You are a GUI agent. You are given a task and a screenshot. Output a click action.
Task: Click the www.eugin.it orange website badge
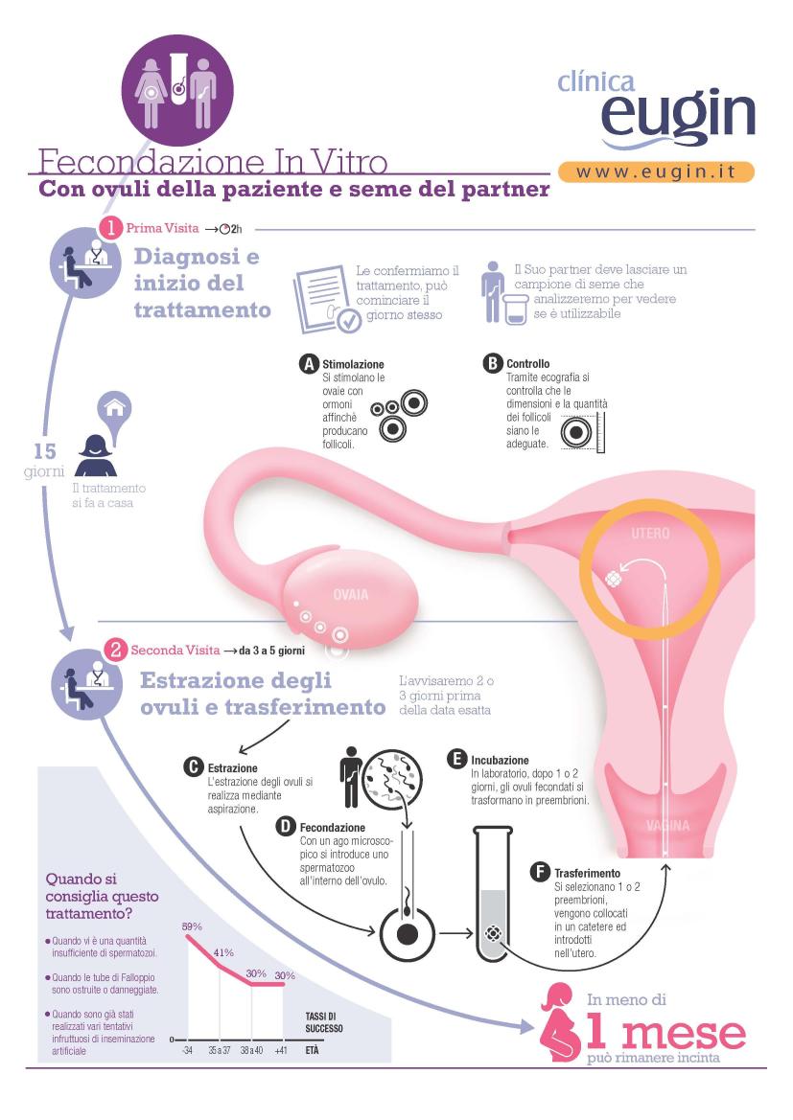click(656, 172)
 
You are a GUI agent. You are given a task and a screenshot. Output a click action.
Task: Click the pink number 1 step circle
click(111, 228)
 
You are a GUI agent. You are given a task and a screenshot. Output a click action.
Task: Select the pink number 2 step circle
click(115, 650)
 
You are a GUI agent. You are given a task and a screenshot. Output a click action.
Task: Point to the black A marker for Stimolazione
click(309, 363)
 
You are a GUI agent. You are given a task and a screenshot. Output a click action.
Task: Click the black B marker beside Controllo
click(492, 363)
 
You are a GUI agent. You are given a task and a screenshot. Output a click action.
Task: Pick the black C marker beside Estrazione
click(194, 767)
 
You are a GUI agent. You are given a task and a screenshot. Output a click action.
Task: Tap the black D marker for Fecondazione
click(286, 827)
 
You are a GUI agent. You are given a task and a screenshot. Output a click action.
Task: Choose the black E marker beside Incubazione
click(457, 760)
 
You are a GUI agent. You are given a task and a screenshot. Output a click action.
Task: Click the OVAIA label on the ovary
click(350, 594)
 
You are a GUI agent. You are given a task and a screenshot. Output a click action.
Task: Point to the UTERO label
click(651, 534)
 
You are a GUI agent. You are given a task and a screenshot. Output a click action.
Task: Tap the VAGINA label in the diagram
click(667, 826)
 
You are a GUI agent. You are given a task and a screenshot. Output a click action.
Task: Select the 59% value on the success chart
click(192, 926)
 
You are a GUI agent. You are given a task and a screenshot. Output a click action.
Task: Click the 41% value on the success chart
click(223, 952)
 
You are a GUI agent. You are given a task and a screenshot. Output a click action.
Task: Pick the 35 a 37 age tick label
click(220, 1050)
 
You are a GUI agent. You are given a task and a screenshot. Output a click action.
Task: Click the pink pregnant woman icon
click(560, 1022)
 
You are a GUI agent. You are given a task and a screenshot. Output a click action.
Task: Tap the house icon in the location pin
click(115, 409)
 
